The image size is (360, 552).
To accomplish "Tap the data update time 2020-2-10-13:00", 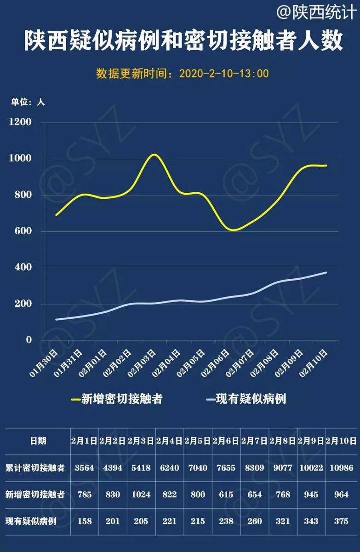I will [223, 74].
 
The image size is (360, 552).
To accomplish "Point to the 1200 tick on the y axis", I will [22, 122].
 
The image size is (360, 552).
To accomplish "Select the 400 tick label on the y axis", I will [24, 268].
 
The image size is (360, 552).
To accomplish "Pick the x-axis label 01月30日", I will [44, 363].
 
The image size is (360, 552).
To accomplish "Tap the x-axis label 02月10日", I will [314, 363].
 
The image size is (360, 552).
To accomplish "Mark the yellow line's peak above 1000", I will [154, 155].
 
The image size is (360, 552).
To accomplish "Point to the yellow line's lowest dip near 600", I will [234, 230].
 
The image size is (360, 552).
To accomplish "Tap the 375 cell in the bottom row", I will [341, 522].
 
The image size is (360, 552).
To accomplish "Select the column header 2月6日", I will [226, 441].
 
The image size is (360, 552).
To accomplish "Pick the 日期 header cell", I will [35, 441].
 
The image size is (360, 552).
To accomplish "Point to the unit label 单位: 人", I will [28, 102].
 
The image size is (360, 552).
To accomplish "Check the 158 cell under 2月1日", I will [84, 522].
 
